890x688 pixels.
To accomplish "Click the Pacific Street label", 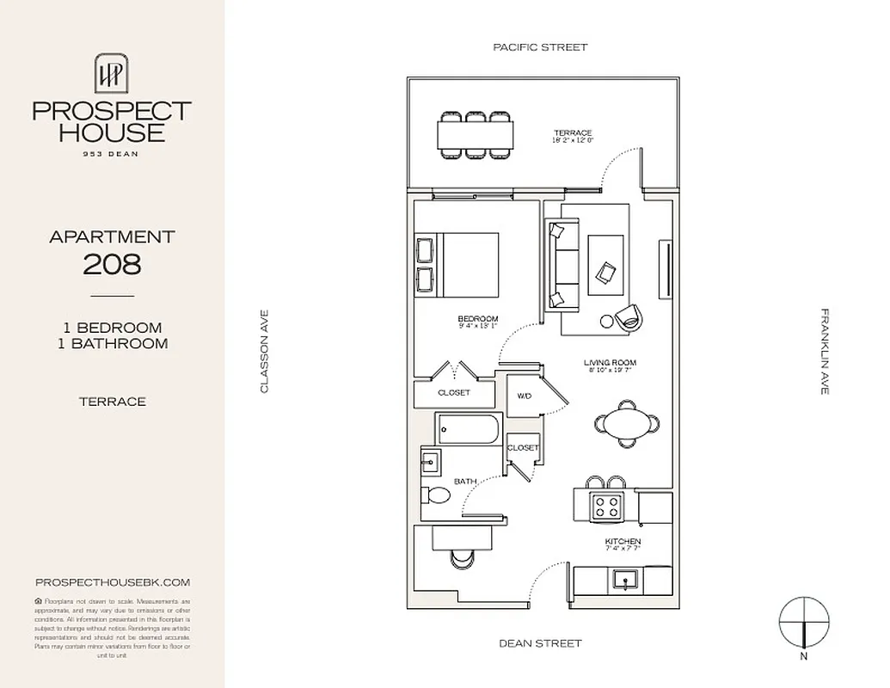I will pos(540,47).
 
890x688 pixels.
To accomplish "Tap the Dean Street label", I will pos(540,642).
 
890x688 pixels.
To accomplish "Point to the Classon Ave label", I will pos(265,352).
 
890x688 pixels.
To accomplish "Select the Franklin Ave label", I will pos(825,352).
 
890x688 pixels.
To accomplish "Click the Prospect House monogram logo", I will pos(112,74).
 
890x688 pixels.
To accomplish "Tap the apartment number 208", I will pos(112,264).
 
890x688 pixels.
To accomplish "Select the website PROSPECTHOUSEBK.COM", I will pos(112,582).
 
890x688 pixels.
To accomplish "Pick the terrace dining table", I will pos(476,134).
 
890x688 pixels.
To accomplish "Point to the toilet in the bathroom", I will pos(436,496).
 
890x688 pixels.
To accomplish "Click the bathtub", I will pos(468,428).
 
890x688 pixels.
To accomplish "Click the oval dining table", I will pos(625,423).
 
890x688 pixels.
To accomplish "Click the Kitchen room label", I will pos(622,542).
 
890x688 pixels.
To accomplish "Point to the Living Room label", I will pos(609,363).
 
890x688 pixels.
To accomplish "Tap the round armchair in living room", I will pos(629,317).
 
